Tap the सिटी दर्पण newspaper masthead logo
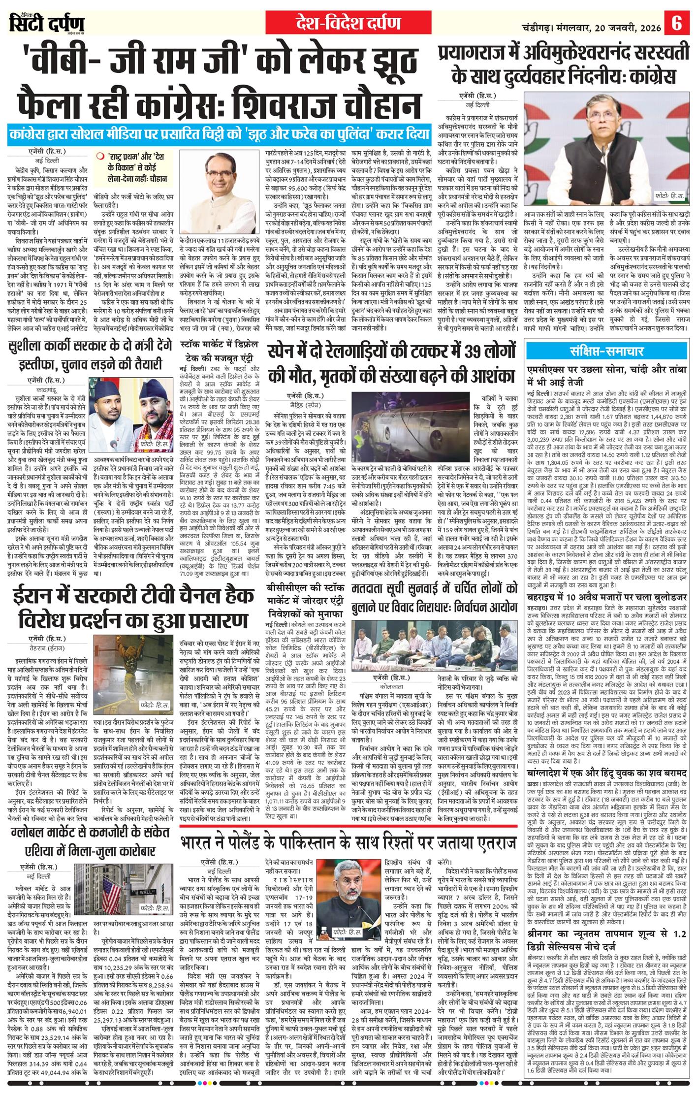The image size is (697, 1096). pos(47,23)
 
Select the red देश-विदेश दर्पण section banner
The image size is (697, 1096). pos(348,23)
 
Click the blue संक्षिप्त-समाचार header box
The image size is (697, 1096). pos(606,351)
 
